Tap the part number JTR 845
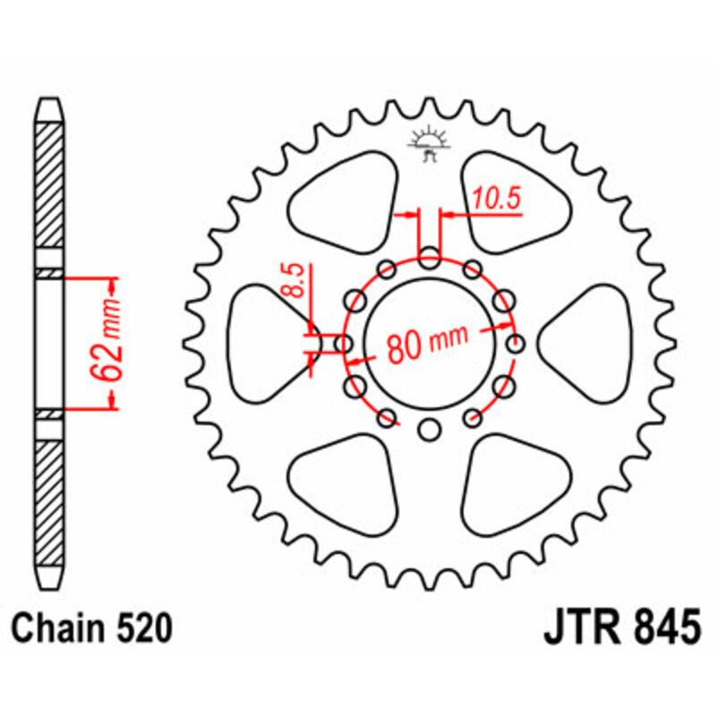[617, 627]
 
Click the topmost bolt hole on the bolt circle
[429, 256]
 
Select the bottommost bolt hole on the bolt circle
[429, 430]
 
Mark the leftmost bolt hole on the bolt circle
[342, 344]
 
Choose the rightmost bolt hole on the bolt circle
[516, 344]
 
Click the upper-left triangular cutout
[345, 200]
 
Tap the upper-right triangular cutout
[511, 200]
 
